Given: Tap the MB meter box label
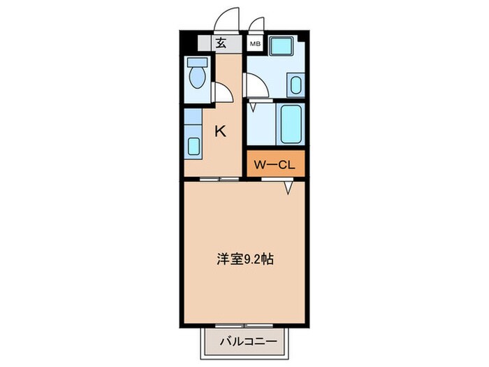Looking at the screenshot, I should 256,44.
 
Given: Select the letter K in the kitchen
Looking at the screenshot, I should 220,131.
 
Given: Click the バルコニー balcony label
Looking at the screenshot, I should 245,342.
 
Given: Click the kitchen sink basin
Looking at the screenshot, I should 194,146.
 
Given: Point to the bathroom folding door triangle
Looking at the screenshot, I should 253,108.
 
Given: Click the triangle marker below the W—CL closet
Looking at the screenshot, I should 288,187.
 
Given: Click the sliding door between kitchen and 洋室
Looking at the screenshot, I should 218,180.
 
